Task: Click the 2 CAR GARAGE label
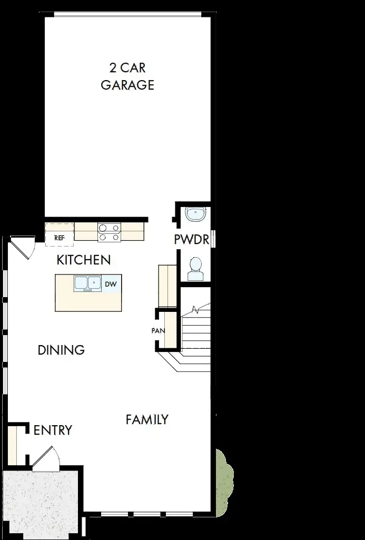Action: pos(127,76)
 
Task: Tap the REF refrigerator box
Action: pos(60,234)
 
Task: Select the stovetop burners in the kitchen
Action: pos(109,232)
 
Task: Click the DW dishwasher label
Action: pos(111,284)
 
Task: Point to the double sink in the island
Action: pos(87,284)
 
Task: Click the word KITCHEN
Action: pos(84,260)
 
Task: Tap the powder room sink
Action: pos(195,214)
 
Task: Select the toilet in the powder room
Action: pos(195,269)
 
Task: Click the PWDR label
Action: pos(192,239)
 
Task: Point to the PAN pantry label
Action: pos(158,331)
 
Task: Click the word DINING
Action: pos(61,350)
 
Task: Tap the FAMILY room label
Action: pos(147,419)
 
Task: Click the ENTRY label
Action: pos(53,430)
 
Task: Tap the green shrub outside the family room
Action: pos(224,482)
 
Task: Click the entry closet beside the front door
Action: pos(12,444)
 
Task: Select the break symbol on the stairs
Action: pos(195,310)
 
